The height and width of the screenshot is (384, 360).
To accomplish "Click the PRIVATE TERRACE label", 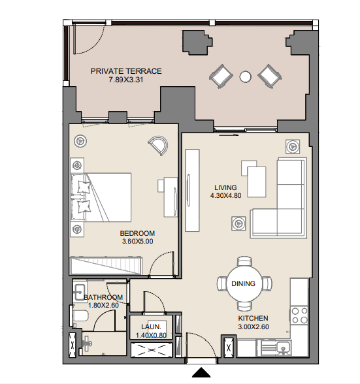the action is pos(126,71).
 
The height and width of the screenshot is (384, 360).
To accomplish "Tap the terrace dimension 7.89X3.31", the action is pos(126,80).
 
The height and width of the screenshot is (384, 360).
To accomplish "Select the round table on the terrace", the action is pos(245,76).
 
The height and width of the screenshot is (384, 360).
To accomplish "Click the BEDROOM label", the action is pos(137,233).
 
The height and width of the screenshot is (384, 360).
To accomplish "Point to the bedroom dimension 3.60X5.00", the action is pos(137,241).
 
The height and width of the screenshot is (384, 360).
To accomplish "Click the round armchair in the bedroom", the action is pos(159,145).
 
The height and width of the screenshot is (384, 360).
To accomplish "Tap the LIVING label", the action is pos(225,187).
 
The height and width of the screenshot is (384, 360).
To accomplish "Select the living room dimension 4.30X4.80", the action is pos(225,196).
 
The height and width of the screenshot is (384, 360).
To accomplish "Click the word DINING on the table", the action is pos(243,283).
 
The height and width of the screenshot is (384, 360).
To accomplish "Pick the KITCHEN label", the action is pos(253,319).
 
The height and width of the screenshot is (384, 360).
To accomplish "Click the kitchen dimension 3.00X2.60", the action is pos(254,327).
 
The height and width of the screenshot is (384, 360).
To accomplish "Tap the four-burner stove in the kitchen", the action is pos(299,315).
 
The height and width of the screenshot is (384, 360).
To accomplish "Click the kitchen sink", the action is pos(283,347).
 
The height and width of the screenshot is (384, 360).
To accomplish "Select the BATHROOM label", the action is pos(103,297).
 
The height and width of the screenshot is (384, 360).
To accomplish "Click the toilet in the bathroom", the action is pos(79,316).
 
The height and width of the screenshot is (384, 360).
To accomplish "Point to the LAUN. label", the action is pos(151,327).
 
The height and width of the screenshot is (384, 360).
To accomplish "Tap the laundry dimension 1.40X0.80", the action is pos(151,335).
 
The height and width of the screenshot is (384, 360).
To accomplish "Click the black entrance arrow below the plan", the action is pos(201,372).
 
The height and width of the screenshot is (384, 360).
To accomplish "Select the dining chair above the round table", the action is pos(244,261).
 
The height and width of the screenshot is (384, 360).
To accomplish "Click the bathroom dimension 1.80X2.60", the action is pos(103,306).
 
